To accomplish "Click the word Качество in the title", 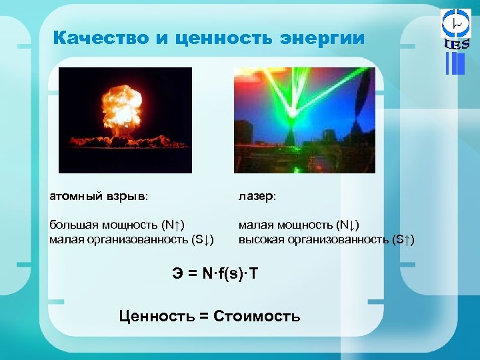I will pyautogui.click(x=101, y=38).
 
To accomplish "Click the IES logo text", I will pyautogui.click(x=457, y=45).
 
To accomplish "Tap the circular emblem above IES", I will pyautogui.click(x=457, y=23).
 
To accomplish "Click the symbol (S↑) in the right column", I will pyautogui.click(x=403, y=239).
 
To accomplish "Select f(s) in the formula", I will pyautogui.click(x=230, y=273).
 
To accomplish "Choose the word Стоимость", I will pyautogui.click(x=257, y=316).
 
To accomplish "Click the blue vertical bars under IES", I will pyautogui.click(x=455, y=63).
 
